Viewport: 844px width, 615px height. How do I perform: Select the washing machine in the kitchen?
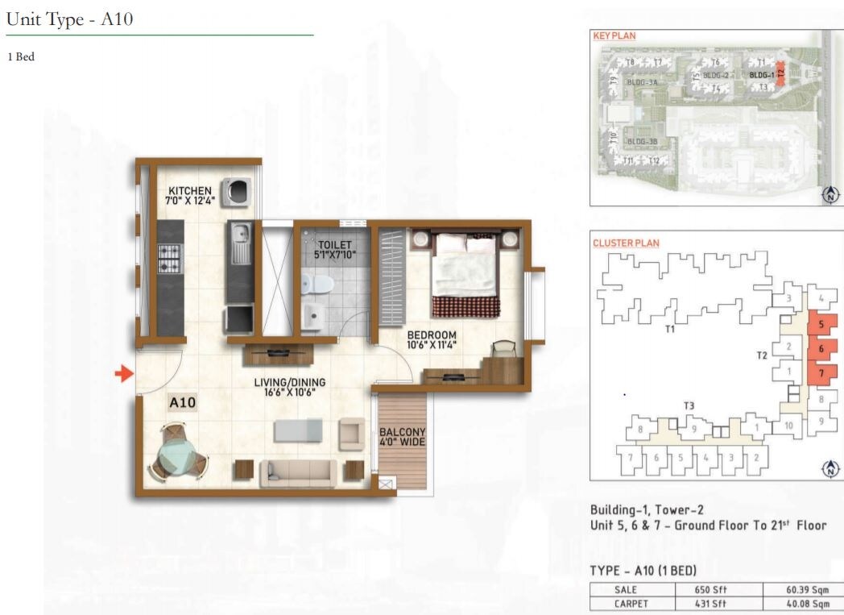tap(239, 191)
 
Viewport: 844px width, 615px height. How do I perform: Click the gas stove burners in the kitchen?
tap(169, 258)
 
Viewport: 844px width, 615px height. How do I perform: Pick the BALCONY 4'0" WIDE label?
tap(402, 437)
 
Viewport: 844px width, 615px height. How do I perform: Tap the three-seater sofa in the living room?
tap(298, 473)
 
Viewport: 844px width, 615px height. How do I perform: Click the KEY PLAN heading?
tap(614, 36)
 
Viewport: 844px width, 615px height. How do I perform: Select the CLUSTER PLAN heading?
tap(626, 243)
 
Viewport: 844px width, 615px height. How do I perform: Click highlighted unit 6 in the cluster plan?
tap(821, 349)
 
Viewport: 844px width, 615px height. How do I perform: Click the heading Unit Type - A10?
tap(69, 20)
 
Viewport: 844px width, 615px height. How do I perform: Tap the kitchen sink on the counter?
tap(239, 242)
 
